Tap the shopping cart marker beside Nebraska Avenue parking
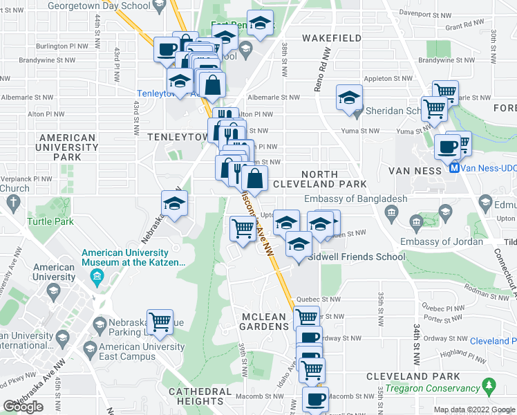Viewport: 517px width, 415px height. tap(160, 322)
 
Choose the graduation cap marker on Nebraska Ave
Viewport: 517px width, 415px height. tap(174, 203)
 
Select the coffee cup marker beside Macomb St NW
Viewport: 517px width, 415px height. tap(317, 399)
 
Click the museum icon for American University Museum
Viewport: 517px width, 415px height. tap(97, 278)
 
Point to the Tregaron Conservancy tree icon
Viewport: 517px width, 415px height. tap(489, 384)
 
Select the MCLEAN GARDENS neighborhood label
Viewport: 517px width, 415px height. tap(263, 322)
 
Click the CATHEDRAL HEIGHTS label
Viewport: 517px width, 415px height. tap(200, 396)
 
